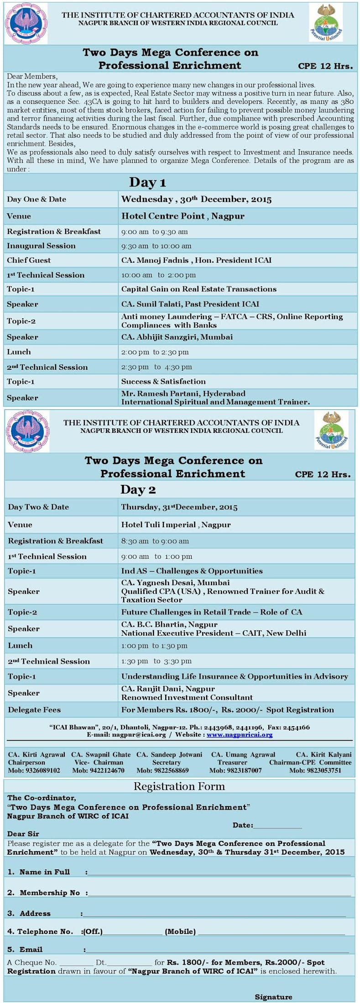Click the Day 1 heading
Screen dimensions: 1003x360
tap(147, 183)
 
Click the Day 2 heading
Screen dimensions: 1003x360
tap(138, 490)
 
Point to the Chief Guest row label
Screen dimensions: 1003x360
tap(29, 260)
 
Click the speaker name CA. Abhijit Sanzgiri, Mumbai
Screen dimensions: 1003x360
tap(177, 337)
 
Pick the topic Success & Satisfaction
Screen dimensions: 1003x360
tap(163, 382)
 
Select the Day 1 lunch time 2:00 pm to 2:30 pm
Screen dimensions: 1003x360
tap(155, 352)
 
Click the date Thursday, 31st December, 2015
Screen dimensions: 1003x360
tap(179, 507)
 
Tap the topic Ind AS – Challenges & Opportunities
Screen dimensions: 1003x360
tap(192, 571)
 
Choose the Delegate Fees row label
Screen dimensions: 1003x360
tap(34, 710)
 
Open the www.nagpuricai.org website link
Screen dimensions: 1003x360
tap(240, 735)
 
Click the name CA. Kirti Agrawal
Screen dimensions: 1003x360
tap(37, 755)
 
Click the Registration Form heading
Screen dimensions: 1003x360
tap(179, 786)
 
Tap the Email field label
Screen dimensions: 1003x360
tap(25, 950)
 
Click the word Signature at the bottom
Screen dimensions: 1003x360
tap(273, 997)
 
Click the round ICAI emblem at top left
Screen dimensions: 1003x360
tap(26, 23)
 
